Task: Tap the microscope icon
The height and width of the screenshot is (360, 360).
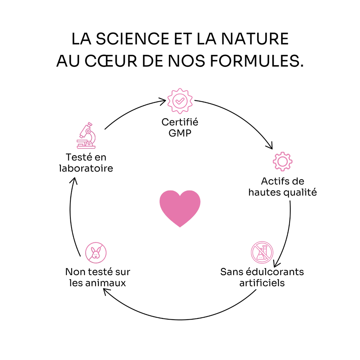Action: click(86, 136)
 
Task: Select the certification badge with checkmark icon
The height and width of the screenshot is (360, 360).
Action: click(180, 101)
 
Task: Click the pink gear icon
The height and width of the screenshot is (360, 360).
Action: click(283, 162)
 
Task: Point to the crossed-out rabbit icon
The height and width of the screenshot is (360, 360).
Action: click(96, 252)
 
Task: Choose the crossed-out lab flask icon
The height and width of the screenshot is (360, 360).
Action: click(262, 252)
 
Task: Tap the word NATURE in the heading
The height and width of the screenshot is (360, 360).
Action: click(255, 39)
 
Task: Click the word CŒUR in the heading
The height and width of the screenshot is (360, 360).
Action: click(111, 61)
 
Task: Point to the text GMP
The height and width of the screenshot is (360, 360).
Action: click(180, 133)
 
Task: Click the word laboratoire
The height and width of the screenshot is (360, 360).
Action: click(86, 168)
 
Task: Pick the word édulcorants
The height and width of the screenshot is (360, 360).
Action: click(275, 272)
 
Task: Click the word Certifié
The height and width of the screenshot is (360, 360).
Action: click(180, 122)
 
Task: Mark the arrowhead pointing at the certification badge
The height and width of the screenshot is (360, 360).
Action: click(164, 101)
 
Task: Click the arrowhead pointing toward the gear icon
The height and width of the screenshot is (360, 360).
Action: click(270, 146)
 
